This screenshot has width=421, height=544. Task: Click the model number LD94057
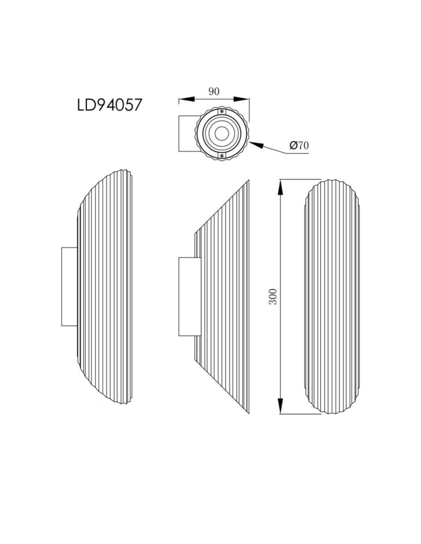(x=110, y=104)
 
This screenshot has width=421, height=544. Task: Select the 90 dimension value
(x=214, y=91)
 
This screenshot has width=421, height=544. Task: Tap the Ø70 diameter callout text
(x=299, y=145)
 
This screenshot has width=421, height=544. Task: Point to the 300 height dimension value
(x=274, y=296)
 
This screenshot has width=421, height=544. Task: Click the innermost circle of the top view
(x=222, y=133)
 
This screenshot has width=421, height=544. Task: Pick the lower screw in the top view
(x=222, y=156)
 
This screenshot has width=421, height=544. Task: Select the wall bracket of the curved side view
(x=70, y=287)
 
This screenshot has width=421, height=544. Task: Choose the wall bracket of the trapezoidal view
(x=187, y=296)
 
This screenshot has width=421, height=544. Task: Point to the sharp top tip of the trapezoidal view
(x=249, y=181)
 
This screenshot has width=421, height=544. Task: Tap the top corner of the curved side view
(x=131, y=171)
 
